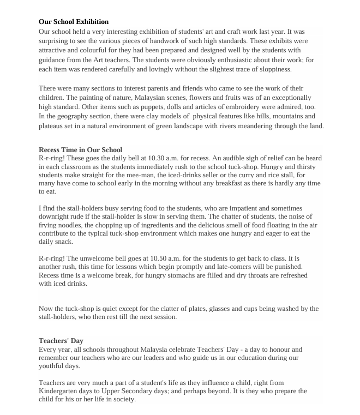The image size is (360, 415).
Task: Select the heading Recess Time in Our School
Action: tap(81, 149)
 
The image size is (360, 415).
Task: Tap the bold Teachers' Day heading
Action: tap(61, 341)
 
